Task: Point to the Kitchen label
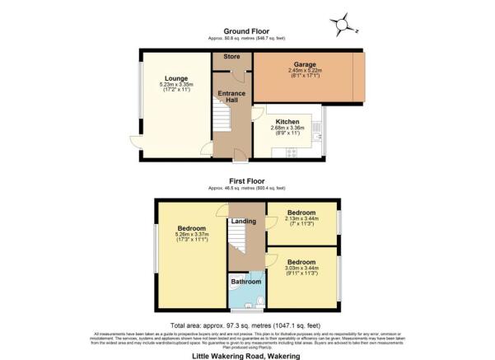point(287,120)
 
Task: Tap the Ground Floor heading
point(247,30)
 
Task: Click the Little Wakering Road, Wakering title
point(247,355)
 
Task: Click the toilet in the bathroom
point(259,300)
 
